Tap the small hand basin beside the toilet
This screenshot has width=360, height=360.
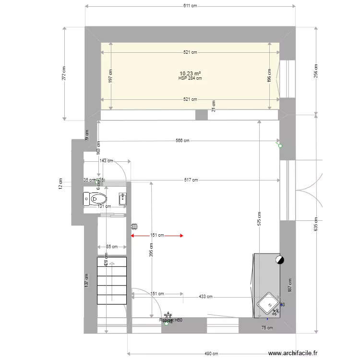pos(122,199)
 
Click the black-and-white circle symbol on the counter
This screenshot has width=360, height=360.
pos(279,260)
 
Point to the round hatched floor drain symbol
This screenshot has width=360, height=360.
pos(135,226)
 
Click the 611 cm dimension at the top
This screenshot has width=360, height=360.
pos(191,6)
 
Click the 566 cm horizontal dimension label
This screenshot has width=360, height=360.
pos(182,141)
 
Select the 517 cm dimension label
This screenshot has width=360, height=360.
pos(191,180)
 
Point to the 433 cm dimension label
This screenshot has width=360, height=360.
pos(205,297)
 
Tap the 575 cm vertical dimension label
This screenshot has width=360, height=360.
pos(259,219)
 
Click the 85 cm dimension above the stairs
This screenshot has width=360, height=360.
pos(111,247)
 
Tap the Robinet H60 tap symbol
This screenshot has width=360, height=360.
pos(167,323)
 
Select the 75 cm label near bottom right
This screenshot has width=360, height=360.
pos(267,328)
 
